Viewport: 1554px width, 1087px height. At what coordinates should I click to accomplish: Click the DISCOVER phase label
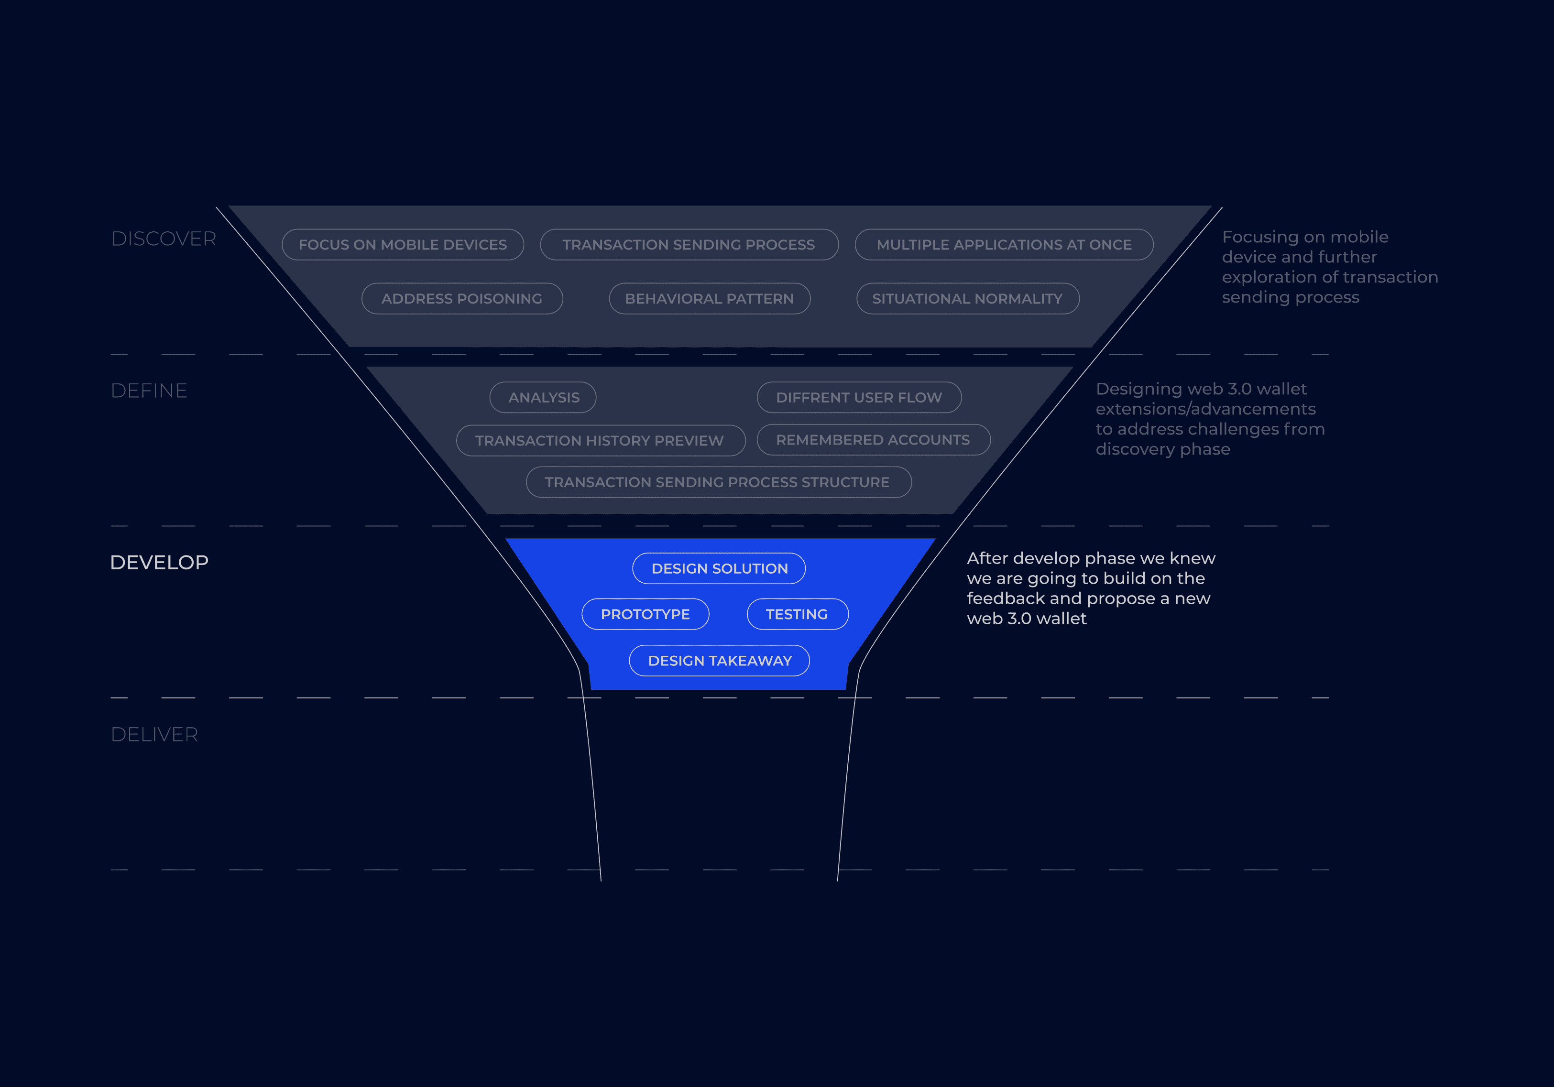(164, 239)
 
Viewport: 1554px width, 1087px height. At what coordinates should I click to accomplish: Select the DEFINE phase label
(149, 391)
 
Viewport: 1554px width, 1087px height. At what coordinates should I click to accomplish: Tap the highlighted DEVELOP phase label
(159, 563)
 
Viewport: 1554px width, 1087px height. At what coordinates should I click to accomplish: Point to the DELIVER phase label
(154, 734)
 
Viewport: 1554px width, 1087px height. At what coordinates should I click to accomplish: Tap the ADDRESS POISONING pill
(461, 298)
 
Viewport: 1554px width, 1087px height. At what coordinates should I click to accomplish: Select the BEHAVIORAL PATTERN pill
(709, 298)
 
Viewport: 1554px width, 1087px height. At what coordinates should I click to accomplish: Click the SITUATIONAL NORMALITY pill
(967, 298)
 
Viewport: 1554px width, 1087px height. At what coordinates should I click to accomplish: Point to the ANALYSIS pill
(544, 397)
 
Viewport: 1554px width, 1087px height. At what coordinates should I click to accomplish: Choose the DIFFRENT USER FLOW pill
(859, 397)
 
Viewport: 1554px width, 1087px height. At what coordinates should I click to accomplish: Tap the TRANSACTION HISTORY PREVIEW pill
(600, 441)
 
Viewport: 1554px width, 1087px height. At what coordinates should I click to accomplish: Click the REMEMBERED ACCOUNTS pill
(873, 440)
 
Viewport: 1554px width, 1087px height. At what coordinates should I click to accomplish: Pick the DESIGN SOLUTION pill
(720, 568)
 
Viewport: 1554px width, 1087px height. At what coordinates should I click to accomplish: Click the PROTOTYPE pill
(645, 614)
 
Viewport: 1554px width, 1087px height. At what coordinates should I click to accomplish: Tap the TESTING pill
(797, 614)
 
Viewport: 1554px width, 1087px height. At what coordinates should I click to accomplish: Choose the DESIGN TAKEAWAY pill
(720, 661)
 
